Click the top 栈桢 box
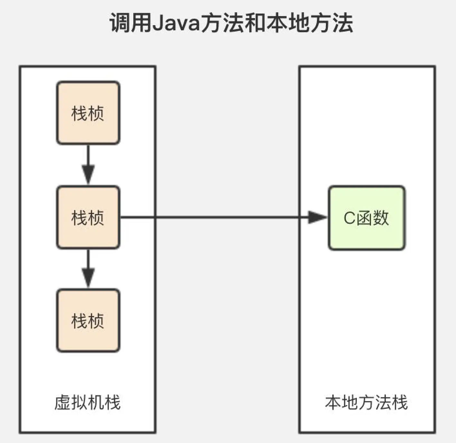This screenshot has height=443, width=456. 88,113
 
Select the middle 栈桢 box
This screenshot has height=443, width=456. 88,217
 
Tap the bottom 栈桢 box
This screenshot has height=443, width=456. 88,320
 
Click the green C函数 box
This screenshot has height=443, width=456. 366,218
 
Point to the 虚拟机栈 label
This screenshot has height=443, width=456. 88,402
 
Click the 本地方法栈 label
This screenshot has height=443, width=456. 366,402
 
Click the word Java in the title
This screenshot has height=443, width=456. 176,23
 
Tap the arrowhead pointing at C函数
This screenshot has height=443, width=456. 317,217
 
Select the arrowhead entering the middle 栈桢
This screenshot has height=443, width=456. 88,174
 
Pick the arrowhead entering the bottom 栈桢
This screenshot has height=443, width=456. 88,278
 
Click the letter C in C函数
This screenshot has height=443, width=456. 349,218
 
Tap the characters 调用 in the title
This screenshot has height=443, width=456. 130,23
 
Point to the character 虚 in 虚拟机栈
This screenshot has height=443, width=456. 62,402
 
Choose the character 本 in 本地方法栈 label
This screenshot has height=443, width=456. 333,402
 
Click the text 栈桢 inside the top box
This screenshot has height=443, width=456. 88,113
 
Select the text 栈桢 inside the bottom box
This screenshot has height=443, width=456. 88,321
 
